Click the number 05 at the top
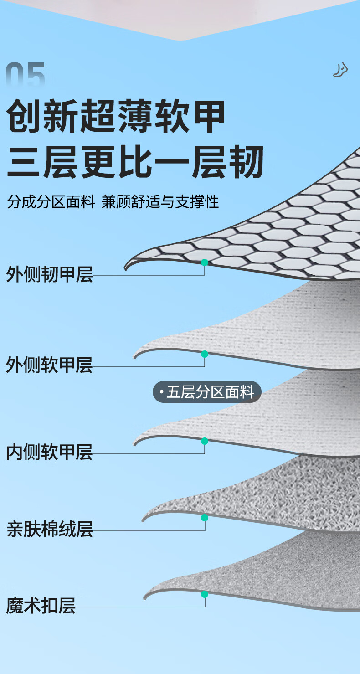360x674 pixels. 26,76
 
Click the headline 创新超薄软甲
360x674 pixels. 116,117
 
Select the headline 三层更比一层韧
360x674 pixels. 135,162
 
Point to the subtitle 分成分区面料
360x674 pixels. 51,202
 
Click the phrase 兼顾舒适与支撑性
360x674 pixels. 160,202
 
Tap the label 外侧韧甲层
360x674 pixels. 49,275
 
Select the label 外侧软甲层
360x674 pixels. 49,365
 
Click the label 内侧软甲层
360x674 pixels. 49,452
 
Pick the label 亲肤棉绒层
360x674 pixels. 49,529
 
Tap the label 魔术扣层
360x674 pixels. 41,606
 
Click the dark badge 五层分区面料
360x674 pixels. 207,392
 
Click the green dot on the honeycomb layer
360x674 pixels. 205,262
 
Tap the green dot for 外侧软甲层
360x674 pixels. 205,354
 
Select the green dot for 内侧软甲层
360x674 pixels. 205,441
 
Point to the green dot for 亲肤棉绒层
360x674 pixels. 205,518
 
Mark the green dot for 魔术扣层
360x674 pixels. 205,594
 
